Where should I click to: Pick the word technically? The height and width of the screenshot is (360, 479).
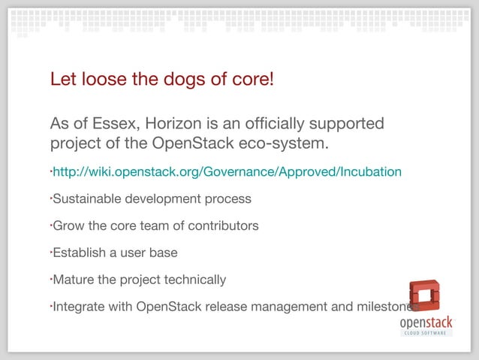tap(191, 280)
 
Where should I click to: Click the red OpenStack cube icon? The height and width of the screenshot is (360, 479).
tap(424, 297)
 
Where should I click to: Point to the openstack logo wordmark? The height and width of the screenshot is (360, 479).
tap(425, 322)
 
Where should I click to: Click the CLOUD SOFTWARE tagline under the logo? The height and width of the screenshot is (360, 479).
tap(426, 332)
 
